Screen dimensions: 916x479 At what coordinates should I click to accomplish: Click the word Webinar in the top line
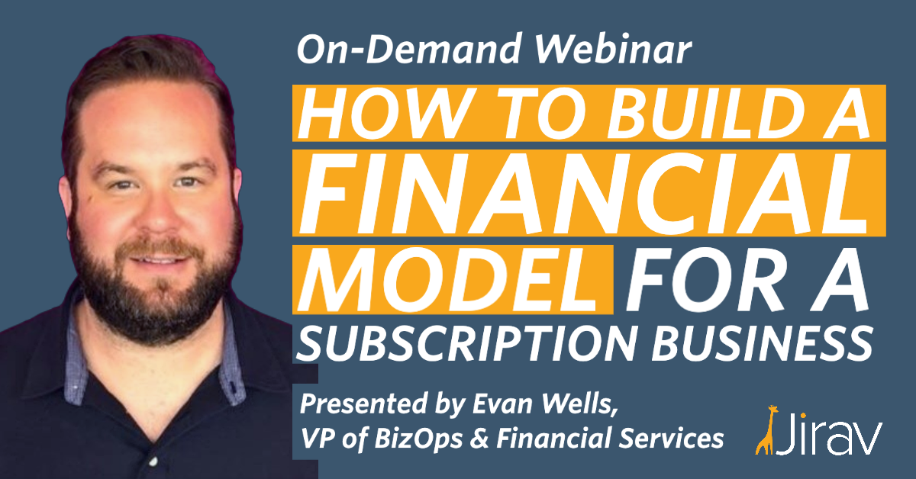[613, 48]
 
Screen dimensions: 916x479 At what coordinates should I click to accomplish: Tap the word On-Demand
[409, 48]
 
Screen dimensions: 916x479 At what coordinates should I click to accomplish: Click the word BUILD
[706, 113]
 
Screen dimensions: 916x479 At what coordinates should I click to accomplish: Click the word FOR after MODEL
[705, 280]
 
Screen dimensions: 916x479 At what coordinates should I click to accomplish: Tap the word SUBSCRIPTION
[466, 343]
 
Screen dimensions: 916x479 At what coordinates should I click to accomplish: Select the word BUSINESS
[763, 343]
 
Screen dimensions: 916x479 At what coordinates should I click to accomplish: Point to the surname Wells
[580, 404]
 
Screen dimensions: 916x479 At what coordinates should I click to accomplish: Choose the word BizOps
[418, 439]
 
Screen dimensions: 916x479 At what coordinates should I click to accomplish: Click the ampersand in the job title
[479, 438]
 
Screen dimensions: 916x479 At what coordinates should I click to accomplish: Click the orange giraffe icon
[766, 430]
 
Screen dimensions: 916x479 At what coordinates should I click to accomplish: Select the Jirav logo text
[829, 434]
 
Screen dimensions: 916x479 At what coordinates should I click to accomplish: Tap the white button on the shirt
[153, 461]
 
